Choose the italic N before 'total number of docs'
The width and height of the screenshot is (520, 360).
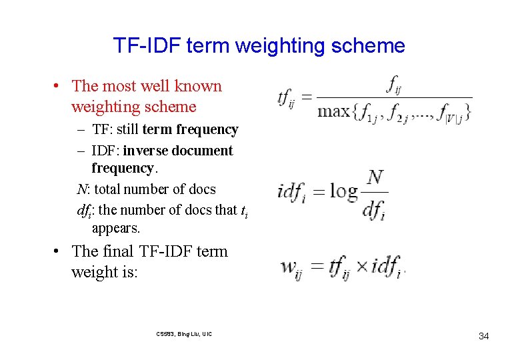[81, 189]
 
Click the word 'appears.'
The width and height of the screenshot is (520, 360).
[116, 228]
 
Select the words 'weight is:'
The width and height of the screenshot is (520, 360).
[104, 273]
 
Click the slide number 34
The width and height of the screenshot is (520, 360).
[483, 336]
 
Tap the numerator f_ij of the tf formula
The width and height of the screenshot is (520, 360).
[396, 85]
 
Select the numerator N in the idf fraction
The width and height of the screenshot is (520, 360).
[375, 177]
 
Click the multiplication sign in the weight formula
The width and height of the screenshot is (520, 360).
[361, 267]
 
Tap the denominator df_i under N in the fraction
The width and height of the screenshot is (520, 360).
[374, 209]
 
